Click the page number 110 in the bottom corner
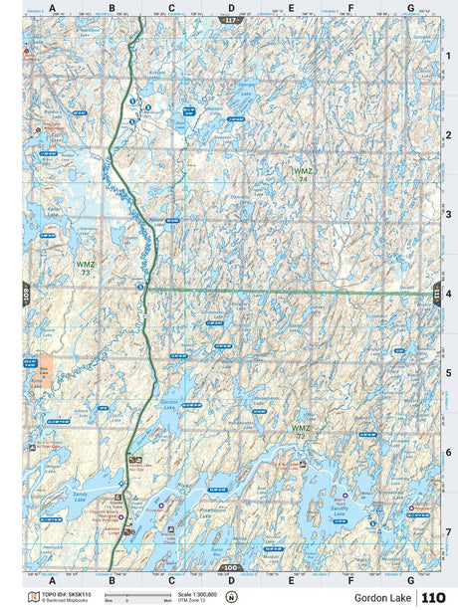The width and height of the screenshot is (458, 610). (x=433, y=597)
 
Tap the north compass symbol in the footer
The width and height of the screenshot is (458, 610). (x=232, y=597)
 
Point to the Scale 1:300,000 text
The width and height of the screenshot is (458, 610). (x=197, y=594)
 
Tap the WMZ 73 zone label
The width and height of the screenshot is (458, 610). (x=85, y=268)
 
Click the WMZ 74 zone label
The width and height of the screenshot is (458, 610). (x=302, y=174)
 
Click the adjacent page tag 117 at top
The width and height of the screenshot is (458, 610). (x=231, y=20)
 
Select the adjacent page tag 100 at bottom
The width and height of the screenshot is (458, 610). (x=231, y=567)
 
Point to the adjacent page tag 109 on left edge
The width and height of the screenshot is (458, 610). (x=26, y=294)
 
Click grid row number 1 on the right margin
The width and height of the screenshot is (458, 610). (x=448, y=56)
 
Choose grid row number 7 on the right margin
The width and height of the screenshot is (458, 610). (x=448, y=531)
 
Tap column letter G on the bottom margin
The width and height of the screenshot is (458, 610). (x=410, y=579)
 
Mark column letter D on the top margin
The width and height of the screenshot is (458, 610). (x=231, y=8)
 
